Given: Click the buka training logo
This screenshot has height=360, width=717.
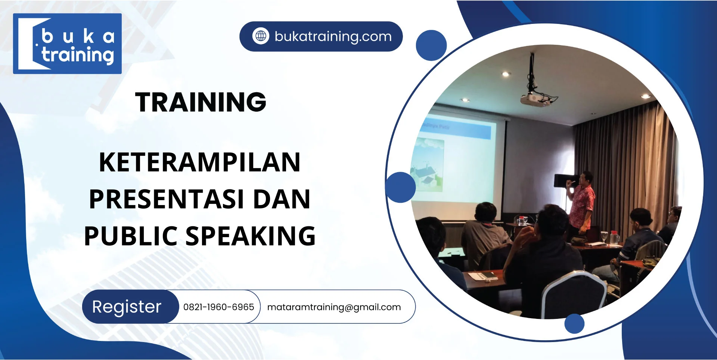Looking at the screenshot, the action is click(67, 44).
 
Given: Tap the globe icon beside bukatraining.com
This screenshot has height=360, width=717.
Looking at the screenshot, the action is click(261, 36).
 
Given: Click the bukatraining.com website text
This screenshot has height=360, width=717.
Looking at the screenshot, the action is click(333, 37).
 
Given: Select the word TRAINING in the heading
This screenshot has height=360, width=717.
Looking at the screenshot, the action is click(201, 102).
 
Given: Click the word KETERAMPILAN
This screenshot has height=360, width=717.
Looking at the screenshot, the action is click(200, 162).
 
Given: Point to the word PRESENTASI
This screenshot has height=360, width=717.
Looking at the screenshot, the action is click(167, 199).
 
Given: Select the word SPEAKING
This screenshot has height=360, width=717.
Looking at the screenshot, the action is click(251, 236).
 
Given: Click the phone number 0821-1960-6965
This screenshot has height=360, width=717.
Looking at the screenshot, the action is click(218, 307).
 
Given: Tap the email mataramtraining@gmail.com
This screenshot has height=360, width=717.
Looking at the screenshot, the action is click(334, 307).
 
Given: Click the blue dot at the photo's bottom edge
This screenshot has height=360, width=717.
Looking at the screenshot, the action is click(574, 323).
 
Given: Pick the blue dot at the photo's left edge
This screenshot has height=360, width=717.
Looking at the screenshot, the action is click(400, 187).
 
